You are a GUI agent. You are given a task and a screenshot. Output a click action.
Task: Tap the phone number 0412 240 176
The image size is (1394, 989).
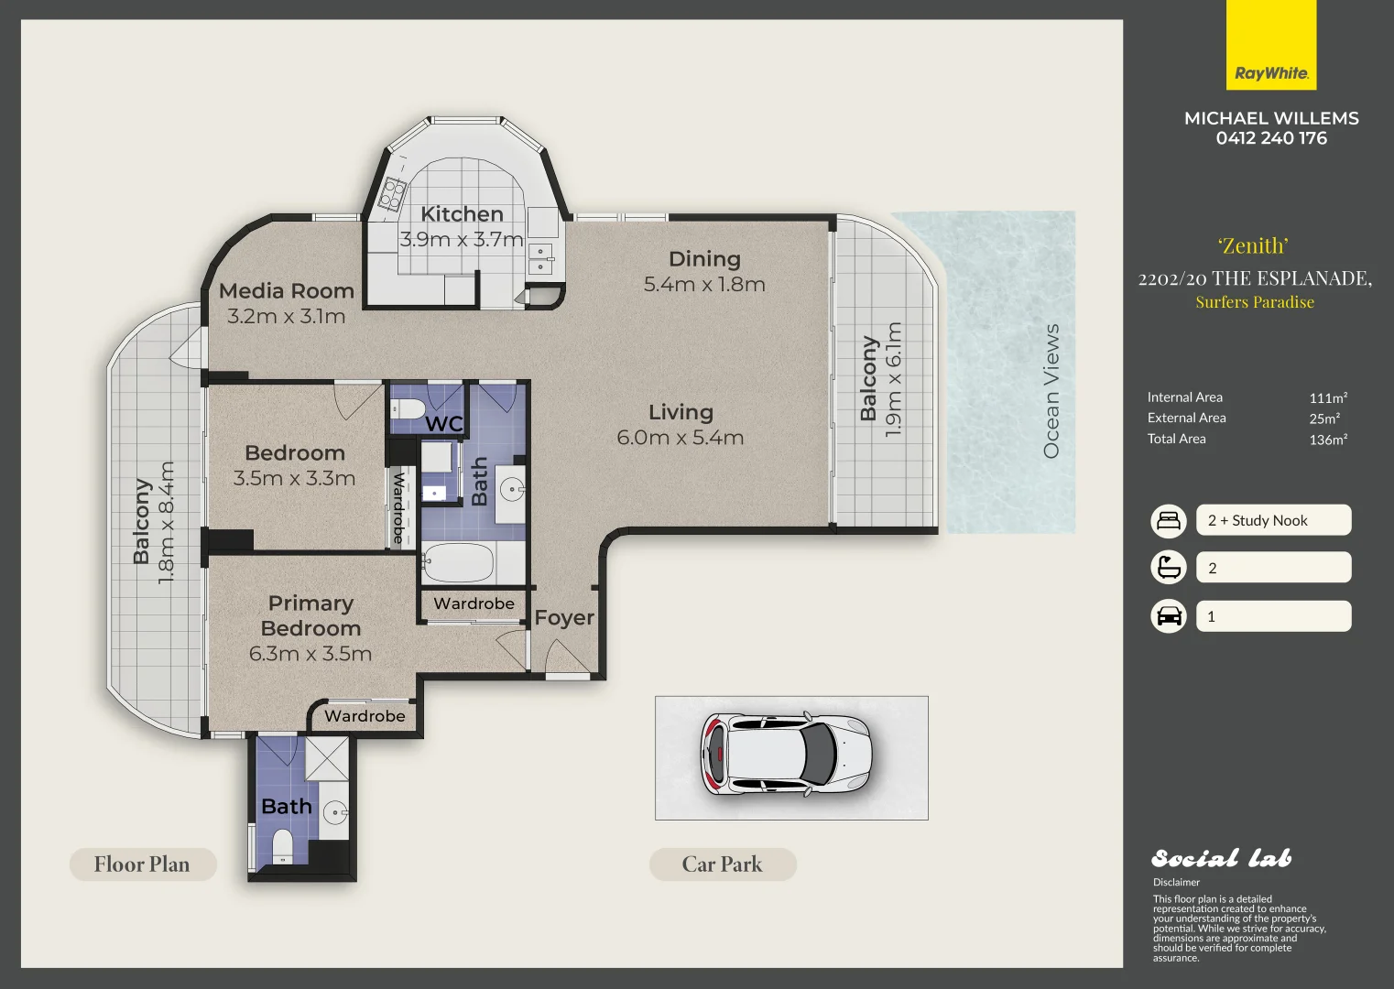coord(1270,138)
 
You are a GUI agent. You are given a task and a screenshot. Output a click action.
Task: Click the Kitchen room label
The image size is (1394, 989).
coord(462,214)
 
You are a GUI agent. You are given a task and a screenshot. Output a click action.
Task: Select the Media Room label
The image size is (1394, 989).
coord(287,291)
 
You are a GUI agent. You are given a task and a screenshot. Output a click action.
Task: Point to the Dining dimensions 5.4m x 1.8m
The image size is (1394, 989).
coord(704,285)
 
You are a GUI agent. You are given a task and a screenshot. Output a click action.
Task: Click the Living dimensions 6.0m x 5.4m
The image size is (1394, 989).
coord(680,438)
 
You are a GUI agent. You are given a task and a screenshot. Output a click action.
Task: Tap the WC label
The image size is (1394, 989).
coord(444,424)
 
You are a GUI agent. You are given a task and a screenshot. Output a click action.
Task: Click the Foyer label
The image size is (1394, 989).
coord(564,618)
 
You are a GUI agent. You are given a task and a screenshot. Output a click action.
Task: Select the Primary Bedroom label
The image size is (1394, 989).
coord(310,615)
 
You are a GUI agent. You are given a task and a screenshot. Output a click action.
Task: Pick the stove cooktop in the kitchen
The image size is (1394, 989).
coord(393,193)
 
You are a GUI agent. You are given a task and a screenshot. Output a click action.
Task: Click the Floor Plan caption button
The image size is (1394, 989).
coord(143,864)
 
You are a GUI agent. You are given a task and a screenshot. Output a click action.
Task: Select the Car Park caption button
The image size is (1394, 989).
coord(722,864)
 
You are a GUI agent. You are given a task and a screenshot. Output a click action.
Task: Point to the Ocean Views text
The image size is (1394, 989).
coord(1051,391)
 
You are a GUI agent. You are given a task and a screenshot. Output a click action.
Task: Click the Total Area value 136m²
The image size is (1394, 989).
coord(1327,440)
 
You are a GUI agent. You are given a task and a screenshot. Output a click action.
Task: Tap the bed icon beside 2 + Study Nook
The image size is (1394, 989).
coord(1169,520)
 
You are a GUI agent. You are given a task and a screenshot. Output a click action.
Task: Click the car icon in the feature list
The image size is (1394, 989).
coord(1169,616)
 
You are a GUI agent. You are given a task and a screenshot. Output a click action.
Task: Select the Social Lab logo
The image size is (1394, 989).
coord(1221,858)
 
